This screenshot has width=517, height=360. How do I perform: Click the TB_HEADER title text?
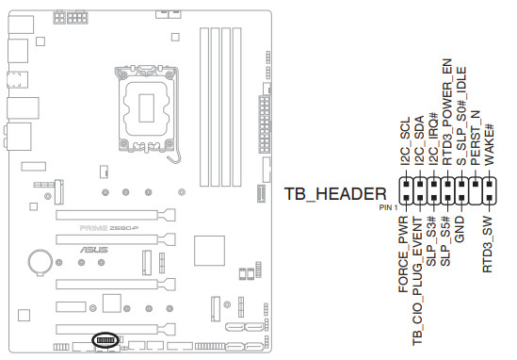pos(335,194)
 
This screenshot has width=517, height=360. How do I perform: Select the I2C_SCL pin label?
pos(405,141)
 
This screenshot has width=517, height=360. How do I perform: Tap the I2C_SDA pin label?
pos(419,140)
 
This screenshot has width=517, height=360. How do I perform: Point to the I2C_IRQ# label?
pos(433,139)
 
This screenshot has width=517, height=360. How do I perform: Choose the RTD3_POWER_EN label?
pos(447,112)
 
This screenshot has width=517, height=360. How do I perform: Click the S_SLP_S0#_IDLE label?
pos(461,116)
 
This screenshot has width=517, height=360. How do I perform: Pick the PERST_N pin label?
pos(476,139)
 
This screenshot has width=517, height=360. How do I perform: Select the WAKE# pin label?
pos(489,144)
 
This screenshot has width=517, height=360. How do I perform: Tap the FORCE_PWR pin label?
pos(403,254)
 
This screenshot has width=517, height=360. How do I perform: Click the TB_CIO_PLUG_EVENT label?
pos(417,281)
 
